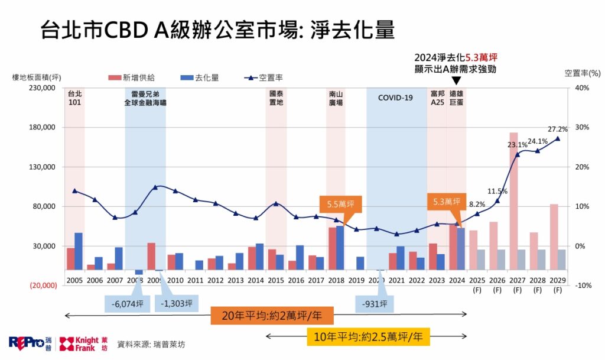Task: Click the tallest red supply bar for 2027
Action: point(514,201)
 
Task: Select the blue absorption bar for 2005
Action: point(79,251)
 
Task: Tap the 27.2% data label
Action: point(558,129)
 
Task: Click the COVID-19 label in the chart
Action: point(395,97)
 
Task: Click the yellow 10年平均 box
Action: point(368,337)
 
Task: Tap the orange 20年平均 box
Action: point(272,316)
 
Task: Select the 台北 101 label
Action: point(74,98)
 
